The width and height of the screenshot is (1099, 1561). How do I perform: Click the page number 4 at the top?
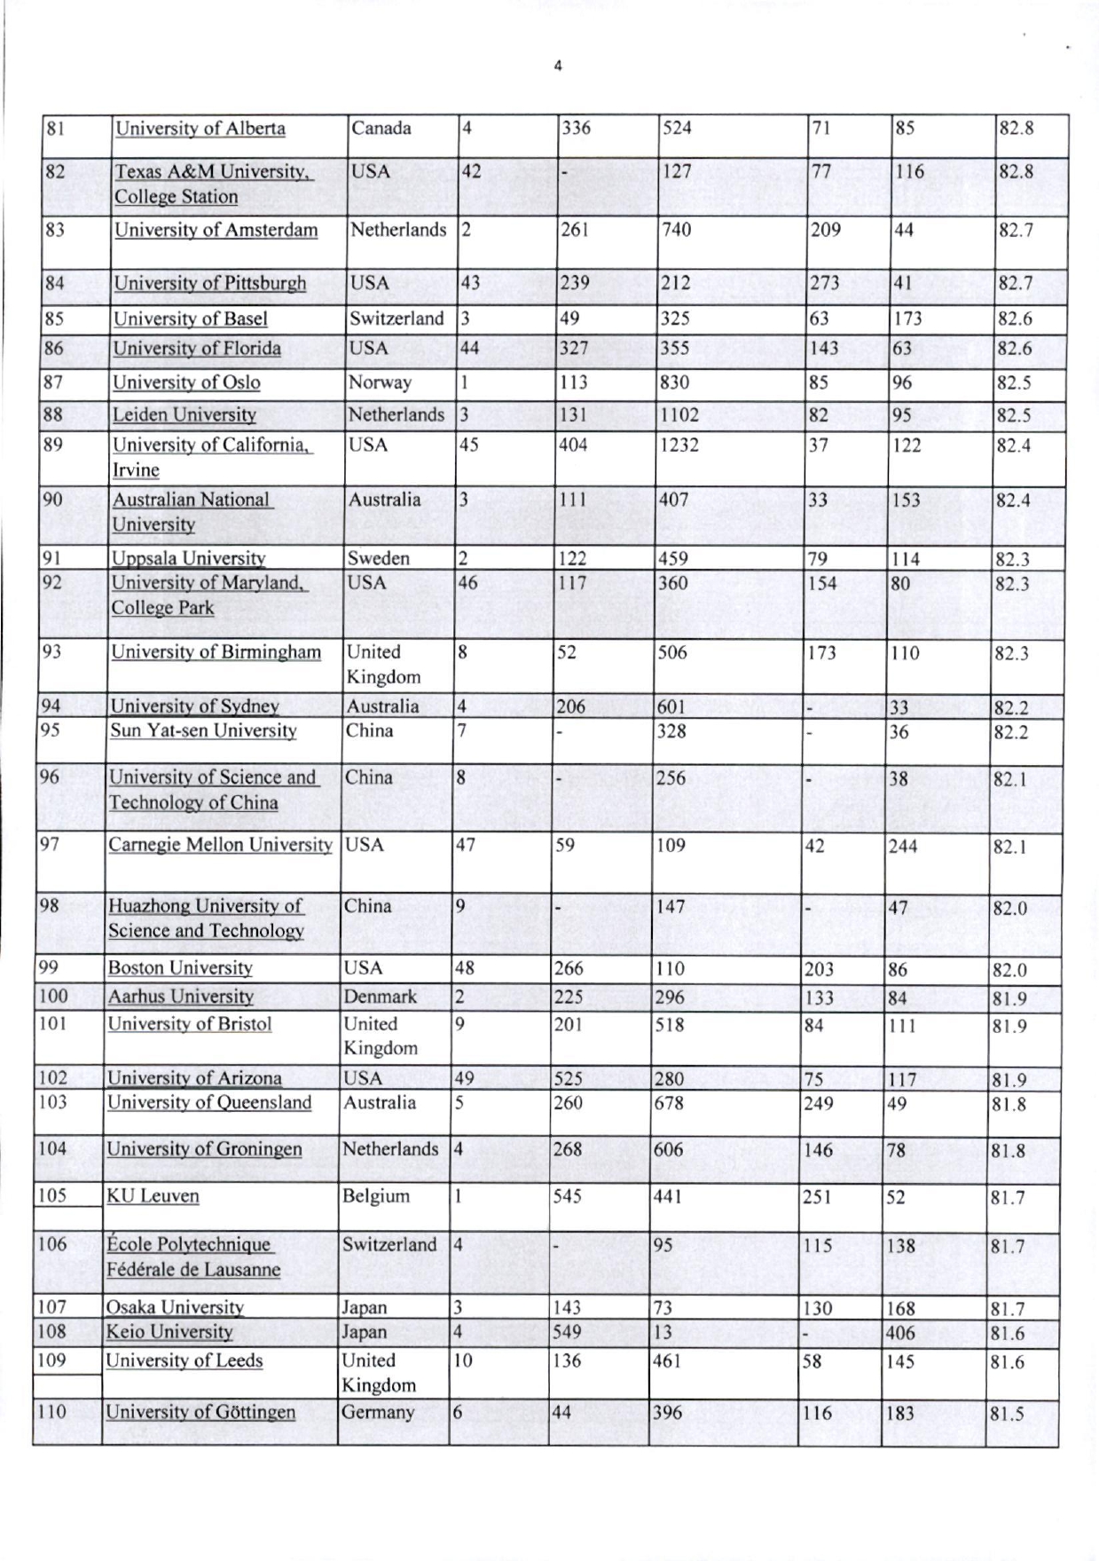[558, 66]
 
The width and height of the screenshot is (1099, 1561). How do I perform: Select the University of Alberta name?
[200, 129]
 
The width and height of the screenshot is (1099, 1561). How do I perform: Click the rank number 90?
[52, 500]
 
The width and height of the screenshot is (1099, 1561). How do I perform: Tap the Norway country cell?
[380, 382]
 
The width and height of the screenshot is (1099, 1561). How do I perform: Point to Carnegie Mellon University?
[220, 845]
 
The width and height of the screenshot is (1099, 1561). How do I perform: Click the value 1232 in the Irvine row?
[679, 445]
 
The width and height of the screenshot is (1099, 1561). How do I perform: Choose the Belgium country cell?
[376, 1196]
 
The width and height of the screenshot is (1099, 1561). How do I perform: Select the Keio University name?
[169, 1332]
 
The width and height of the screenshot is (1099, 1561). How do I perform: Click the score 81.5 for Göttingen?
[1007, 1414]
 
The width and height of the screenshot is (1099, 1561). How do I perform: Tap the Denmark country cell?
[380, 997]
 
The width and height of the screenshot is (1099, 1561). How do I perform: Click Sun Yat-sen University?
[203, 731]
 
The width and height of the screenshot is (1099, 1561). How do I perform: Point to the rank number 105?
[52, 1194]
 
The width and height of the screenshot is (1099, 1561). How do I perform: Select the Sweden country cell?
[378, 558]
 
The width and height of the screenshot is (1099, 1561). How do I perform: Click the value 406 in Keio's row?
[901, 1333]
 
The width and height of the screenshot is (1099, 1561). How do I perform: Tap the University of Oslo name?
[186, 382]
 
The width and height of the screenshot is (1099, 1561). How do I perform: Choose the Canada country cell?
[381, 128]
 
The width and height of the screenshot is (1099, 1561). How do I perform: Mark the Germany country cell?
[378, 1413]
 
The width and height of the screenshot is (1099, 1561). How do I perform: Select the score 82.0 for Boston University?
[1009, 970]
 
